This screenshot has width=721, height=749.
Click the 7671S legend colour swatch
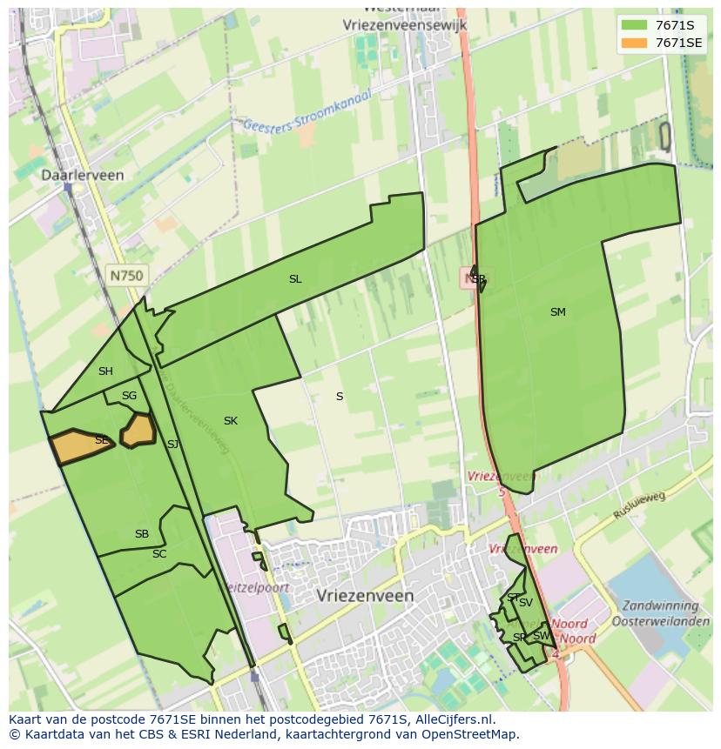tap(635, 24)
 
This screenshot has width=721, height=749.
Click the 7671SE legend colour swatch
tap(635, 42)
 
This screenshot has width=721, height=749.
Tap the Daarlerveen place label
tap(83, 175)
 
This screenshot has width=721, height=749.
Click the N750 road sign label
tap(126, 275)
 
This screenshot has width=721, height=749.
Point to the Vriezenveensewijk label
tap(406, 25)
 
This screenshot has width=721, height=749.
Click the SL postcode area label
tap(295, 279)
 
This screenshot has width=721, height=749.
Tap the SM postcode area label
tap(558, 311)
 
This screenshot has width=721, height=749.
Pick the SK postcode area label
tap(230, 421)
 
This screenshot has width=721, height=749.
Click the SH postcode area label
tap(105, 371)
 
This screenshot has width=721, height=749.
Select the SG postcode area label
tap(129, 396)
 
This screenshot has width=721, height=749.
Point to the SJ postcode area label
tap(172, 445)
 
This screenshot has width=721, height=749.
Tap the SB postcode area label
tap(142, 534)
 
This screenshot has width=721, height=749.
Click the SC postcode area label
tap(159, 554)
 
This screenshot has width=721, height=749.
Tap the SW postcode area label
tap(541, 636)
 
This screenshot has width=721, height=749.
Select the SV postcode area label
tap(525, 603)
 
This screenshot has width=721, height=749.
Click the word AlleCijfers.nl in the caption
tap(453, 720)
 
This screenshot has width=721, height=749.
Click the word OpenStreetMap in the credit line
tap(470, 734)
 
